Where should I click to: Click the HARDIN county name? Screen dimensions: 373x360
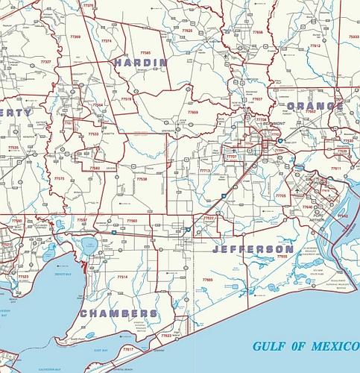click(140, 63)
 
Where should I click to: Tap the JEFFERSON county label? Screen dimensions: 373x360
click(253, 248)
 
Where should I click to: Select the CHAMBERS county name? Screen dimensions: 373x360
click(119, 313)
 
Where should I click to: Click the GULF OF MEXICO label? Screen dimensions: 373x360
click(303, 346)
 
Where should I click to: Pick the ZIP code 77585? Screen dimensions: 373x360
click(145, 53)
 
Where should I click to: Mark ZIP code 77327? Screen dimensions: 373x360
click(45, 61)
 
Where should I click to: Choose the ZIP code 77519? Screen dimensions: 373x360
click(126, 98)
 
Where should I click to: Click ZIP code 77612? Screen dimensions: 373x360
click(315, 46)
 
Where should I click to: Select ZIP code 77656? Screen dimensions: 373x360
click(257, 33)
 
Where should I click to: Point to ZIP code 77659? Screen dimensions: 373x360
click(193, 112)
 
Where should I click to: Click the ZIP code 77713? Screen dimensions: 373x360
click(204, 171)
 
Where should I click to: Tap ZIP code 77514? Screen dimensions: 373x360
click(122, 277)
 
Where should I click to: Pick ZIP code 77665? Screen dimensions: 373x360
click(206, 280)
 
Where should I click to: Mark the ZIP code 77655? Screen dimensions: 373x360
click(282, 257)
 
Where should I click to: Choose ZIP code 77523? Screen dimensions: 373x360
click(23, 276)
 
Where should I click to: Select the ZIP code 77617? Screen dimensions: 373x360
click(127, 349)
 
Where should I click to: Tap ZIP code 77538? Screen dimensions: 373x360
click(142, 179)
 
